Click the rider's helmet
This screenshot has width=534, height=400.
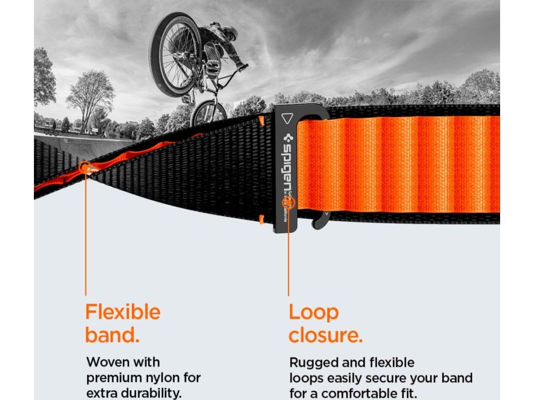[230, 33]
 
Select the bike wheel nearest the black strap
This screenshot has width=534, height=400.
[209, 113]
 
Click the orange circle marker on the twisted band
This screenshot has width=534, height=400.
[85, 167]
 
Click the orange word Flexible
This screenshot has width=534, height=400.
[123, 312]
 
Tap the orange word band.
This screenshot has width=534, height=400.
[112, 335]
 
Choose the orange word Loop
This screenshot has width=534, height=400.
[313, 312]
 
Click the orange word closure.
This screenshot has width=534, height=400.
[325, 336]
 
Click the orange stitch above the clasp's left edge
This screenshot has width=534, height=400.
[261, 121]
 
